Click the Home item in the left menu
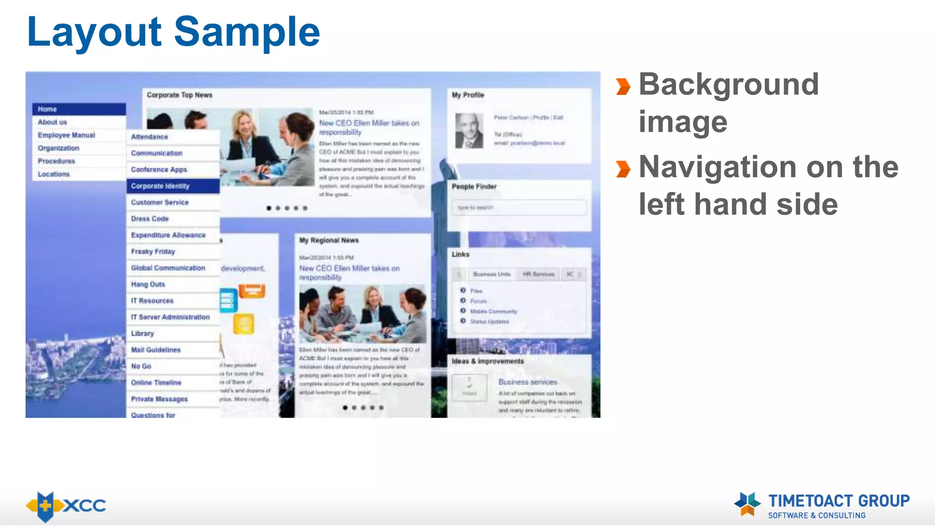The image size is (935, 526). (x=47, y=109)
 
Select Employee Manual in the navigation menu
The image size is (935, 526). (x=67, y=135)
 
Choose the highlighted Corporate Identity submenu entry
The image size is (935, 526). (x=160, y=186)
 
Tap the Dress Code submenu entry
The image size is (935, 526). (x=150, y=219)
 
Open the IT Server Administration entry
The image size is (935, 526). (x=170, y=317)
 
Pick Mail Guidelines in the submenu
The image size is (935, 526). (x=156, y=350)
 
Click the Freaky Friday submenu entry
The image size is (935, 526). (x=153, y=252)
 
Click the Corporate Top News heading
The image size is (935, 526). (x=180, y=95)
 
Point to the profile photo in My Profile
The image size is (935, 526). (x=469, y=131)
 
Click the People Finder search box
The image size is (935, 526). (x=519, y=208)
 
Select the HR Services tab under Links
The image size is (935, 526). (x=538, y=274)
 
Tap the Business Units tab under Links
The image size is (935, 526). (x=492, y=274)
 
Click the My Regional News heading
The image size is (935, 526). (x=329, y=240)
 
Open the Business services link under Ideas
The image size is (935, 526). (x=528, y=382)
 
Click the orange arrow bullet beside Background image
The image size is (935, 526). (x=623, y=86)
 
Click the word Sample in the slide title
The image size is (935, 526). (x=247, y=32)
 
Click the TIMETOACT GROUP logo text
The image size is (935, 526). (x=839, y=501)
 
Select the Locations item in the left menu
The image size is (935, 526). (x=54, y=174)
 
